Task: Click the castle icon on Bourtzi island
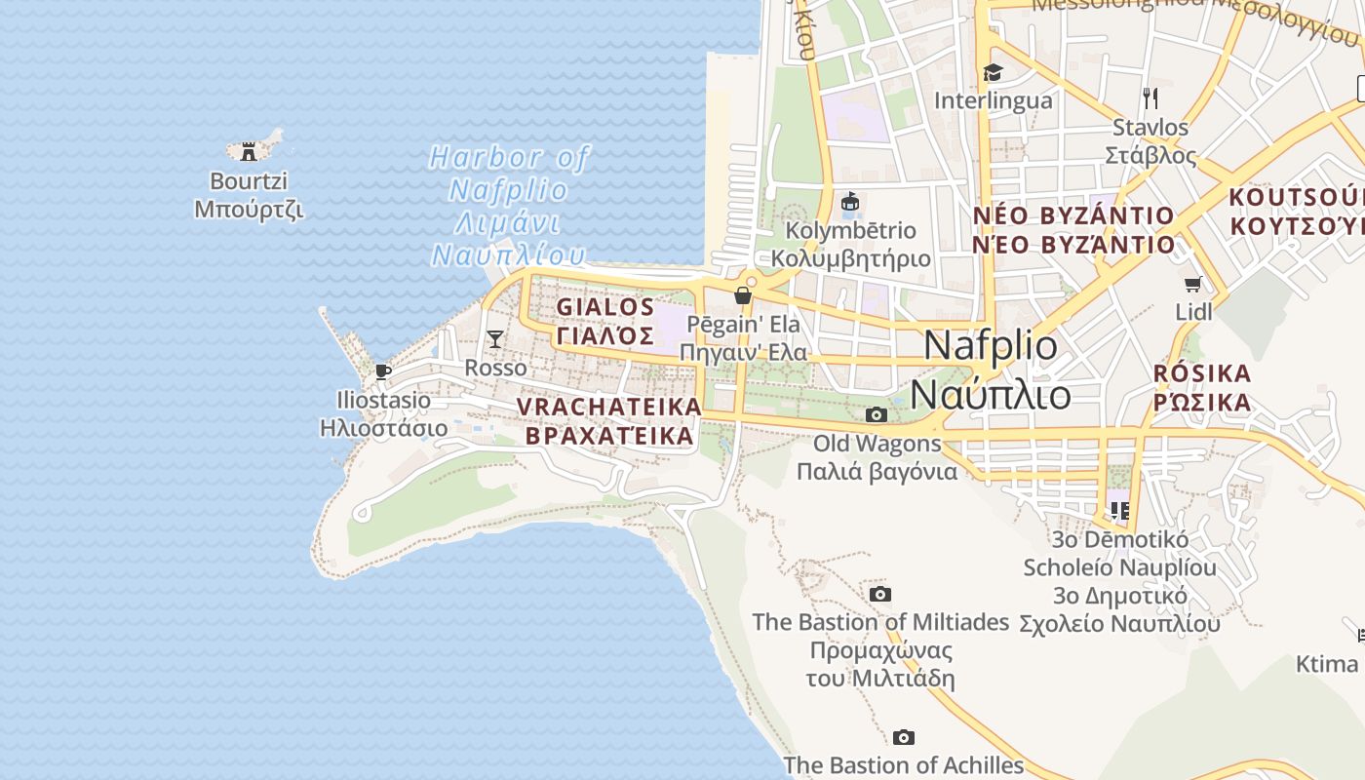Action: pos(249,151)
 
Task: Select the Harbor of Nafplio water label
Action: pos(509,206)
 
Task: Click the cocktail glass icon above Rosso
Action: pos(495,339)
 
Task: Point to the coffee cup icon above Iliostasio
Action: pos(383,371)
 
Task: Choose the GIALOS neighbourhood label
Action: pos(605,321)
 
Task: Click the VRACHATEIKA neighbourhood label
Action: pos(609,420)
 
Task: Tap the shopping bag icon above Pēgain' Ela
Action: pos(743,294)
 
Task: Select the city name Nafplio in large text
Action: pos(991,370)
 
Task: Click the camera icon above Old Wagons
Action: pos(876,414)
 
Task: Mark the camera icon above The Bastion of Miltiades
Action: pos(879,594)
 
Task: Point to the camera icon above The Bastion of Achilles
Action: pos(904,737)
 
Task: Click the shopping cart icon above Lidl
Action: pos(1192,284)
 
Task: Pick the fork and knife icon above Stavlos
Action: pos(1150,97)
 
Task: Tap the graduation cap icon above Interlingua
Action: pos(993,73)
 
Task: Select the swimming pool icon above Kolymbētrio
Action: pos(850,202)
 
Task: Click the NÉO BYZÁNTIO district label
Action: pos(1073,229)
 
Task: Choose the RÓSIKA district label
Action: pos(1201,387)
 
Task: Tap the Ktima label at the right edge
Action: pos(1326,664)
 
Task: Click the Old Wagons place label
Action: pos(877,457)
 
